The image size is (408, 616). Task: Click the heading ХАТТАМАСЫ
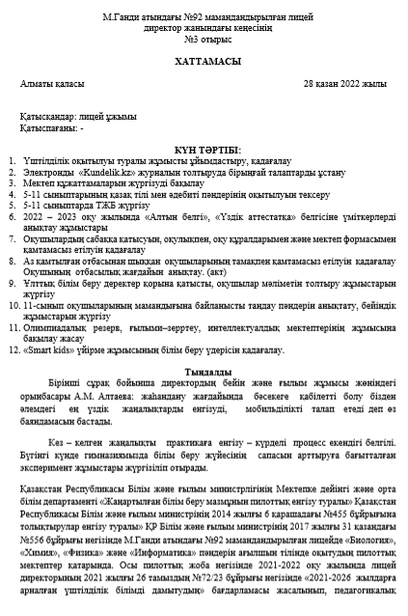(x=204, y=60)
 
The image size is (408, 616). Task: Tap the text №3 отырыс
(x=204, y=41)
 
